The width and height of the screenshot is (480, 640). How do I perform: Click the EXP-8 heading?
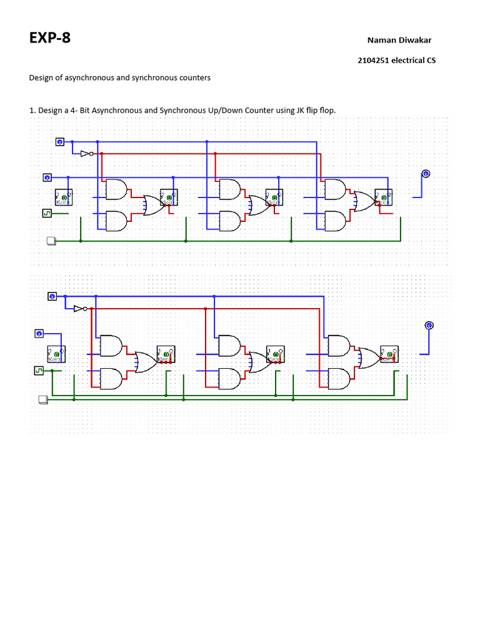click(50, 38)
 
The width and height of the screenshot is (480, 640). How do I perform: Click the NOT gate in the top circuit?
click(87, 153)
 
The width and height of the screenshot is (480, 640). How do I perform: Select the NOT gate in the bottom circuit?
click(80, 309)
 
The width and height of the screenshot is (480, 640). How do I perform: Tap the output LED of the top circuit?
click(426, 174)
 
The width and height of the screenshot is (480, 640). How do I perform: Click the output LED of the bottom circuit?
click(429, 325)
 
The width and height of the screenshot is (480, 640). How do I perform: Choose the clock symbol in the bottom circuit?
click(39, 371)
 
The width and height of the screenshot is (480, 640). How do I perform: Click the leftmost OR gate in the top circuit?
click(152, 205)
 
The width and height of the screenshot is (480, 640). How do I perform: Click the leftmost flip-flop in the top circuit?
click(64, 197)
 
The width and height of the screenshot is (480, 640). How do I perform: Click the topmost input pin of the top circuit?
click(60, 142)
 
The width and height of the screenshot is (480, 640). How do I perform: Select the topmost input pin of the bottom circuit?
click(53, 296)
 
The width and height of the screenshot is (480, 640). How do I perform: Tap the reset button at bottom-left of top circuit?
click(51, 241)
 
